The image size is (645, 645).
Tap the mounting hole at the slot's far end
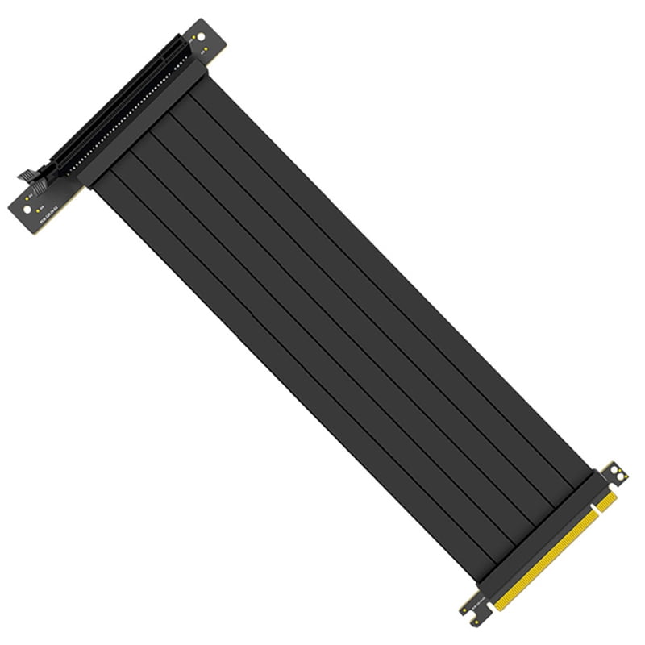point(198,37)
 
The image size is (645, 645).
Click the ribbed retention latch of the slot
point(30,173)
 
